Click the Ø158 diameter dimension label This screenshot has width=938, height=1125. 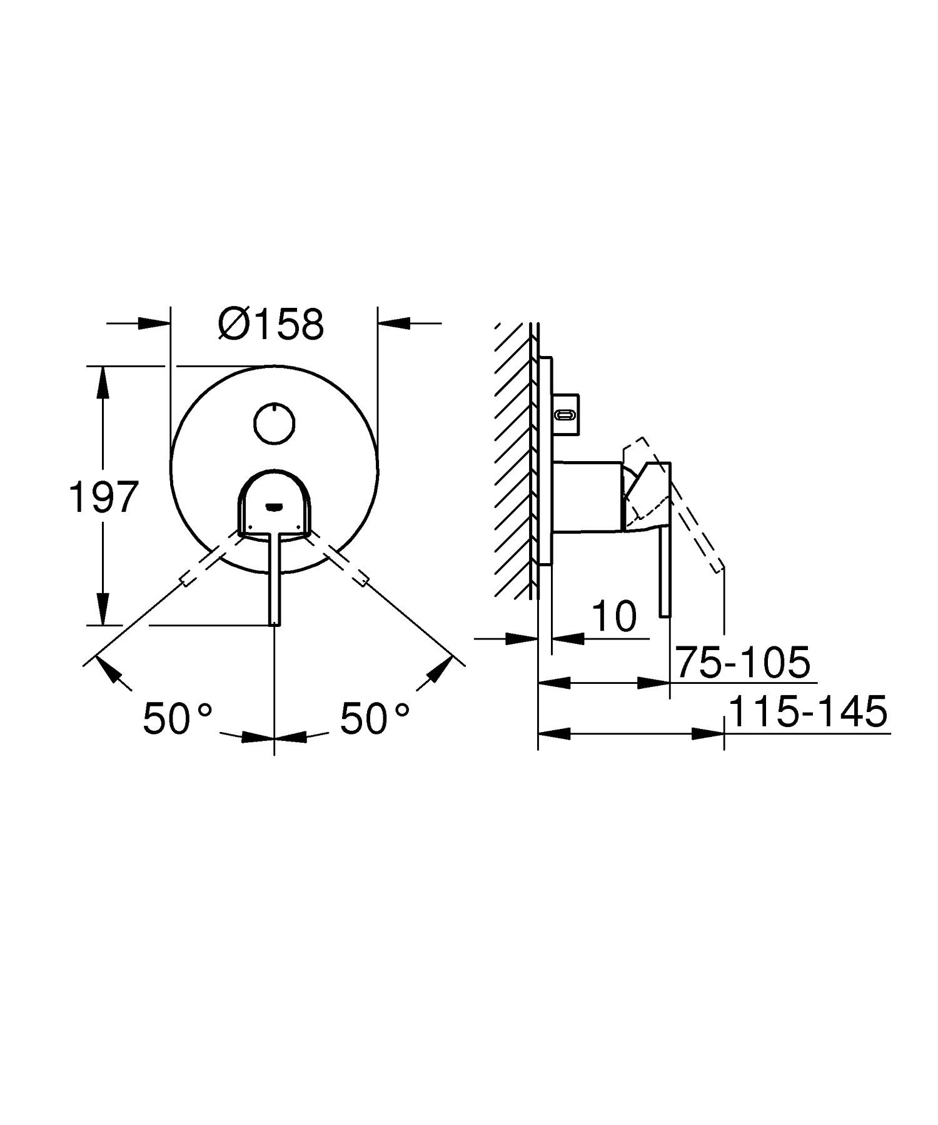pyautogui.click(x=271, y=323)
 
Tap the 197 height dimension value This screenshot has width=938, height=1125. pyautogui.click(x=103, y=497)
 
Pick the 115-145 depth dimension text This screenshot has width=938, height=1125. pyautogui.click(x=808, y=711)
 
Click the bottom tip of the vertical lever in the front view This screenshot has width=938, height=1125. pyautogui.click(x=275, y=624)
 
